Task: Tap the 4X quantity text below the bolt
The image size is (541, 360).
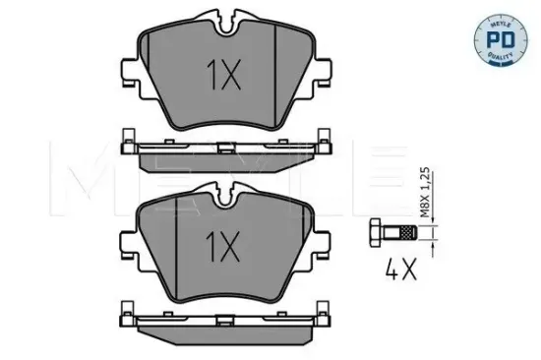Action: tap(399, 268)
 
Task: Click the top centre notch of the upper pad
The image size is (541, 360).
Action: tap(224, 17)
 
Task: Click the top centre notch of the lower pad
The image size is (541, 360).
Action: tap(224, 194)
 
